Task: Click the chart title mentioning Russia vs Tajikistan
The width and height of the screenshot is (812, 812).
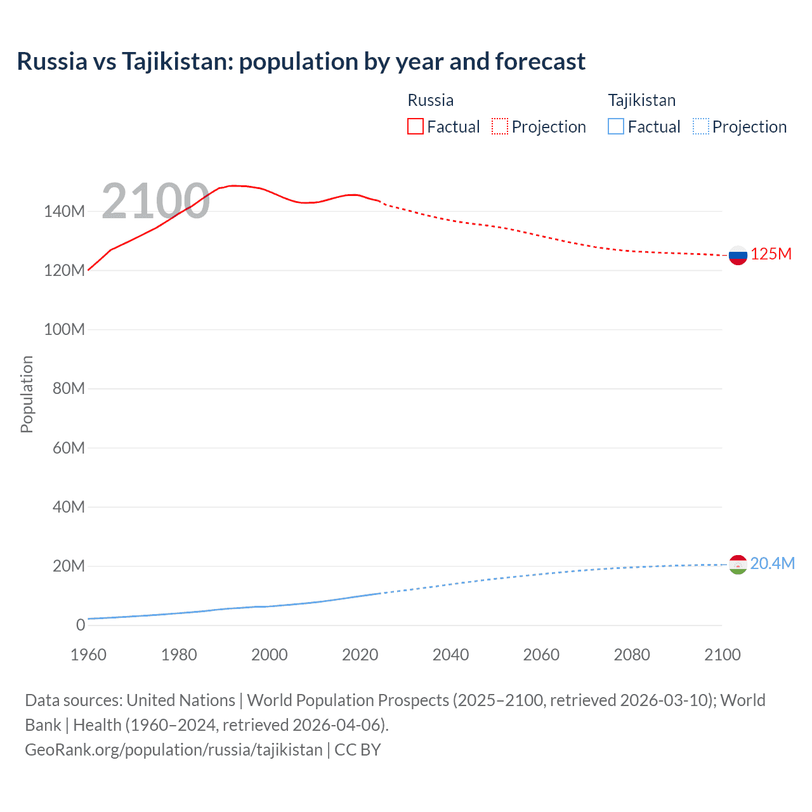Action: (x=301, y=62)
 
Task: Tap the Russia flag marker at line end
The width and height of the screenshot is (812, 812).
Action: (x=738, y=256)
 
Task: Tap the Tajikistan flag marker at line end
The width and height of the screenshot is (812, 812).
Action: (x=738, y=564)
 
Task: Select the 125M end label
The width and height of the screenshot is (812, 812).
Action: (x=771, y=254)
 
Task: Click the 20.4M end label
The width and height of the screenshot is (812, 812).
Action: (x=772, y=564)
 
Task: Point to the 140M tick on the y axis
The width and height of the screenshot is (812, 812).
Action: (x=64, y=212)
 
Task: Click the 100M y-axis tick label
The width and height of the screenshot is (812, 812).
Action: (x=64, y=330)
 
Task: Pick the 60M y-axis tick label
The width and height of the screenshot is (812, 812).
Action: (x=68, y=449)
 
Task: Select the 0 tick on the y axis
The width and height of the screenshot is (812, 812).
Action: (x=81, y=625)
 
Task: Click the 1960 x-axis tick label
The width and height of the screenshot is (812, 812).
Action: (x=88, y=655)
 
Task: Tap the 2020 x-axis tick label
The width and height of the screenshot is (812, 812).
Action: (x=360, y=655)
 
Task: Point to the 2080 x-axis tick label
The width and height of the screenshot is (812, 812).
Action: (x=631, y=655)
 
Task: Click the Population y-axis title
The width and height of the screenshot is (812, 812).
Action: (x=27, y=394)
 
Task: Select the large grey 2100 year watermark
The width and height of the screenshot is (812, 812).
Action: (x=155, y=201)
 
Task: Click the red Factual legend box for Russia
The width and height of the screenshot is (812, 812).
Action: (x=415, y=127)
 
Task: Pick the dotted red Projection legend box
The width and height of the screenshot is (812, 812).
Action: (x=500, y=127)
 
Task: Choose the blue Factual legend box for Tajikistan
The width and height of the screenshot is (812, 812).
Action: (x=615, y=127)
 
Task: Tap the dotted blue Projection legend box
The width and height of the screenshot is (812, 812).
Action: (x=700, y=127)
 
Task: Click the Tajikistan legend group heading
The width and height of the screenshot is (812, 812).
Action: (x=641, y=100)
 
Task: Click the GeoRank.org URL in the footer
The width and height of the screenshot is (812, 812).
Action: (x=173, y=750)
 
